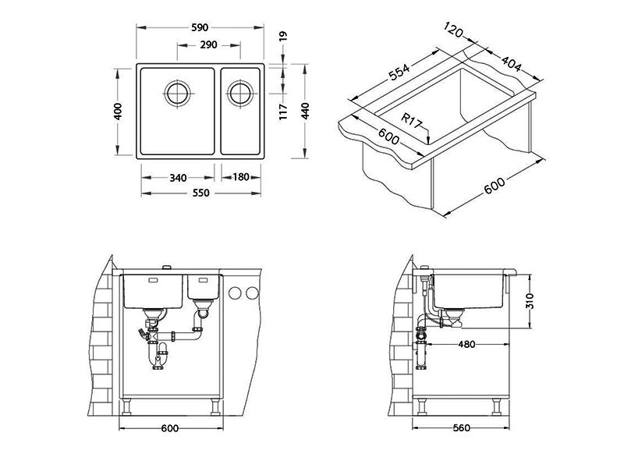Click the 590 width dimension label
200,27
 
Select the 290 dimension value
208,45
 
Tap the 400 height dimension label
119,112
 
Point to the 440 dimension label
305,111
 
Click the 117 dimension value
283,112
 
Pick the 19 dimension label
283,36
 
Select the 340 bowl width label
178,178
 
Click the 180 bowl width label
241,177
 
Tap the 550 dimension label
200,193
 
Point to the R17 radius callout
411,121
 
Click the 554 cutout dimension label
399,73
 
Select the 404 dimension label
511,64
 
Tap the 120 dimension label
454,30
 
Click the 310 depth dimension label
530,301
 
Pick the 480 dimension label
466,344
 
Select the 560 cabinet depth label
461,428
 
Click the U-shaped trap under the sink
158,356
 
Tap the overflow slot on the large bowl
153,280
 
